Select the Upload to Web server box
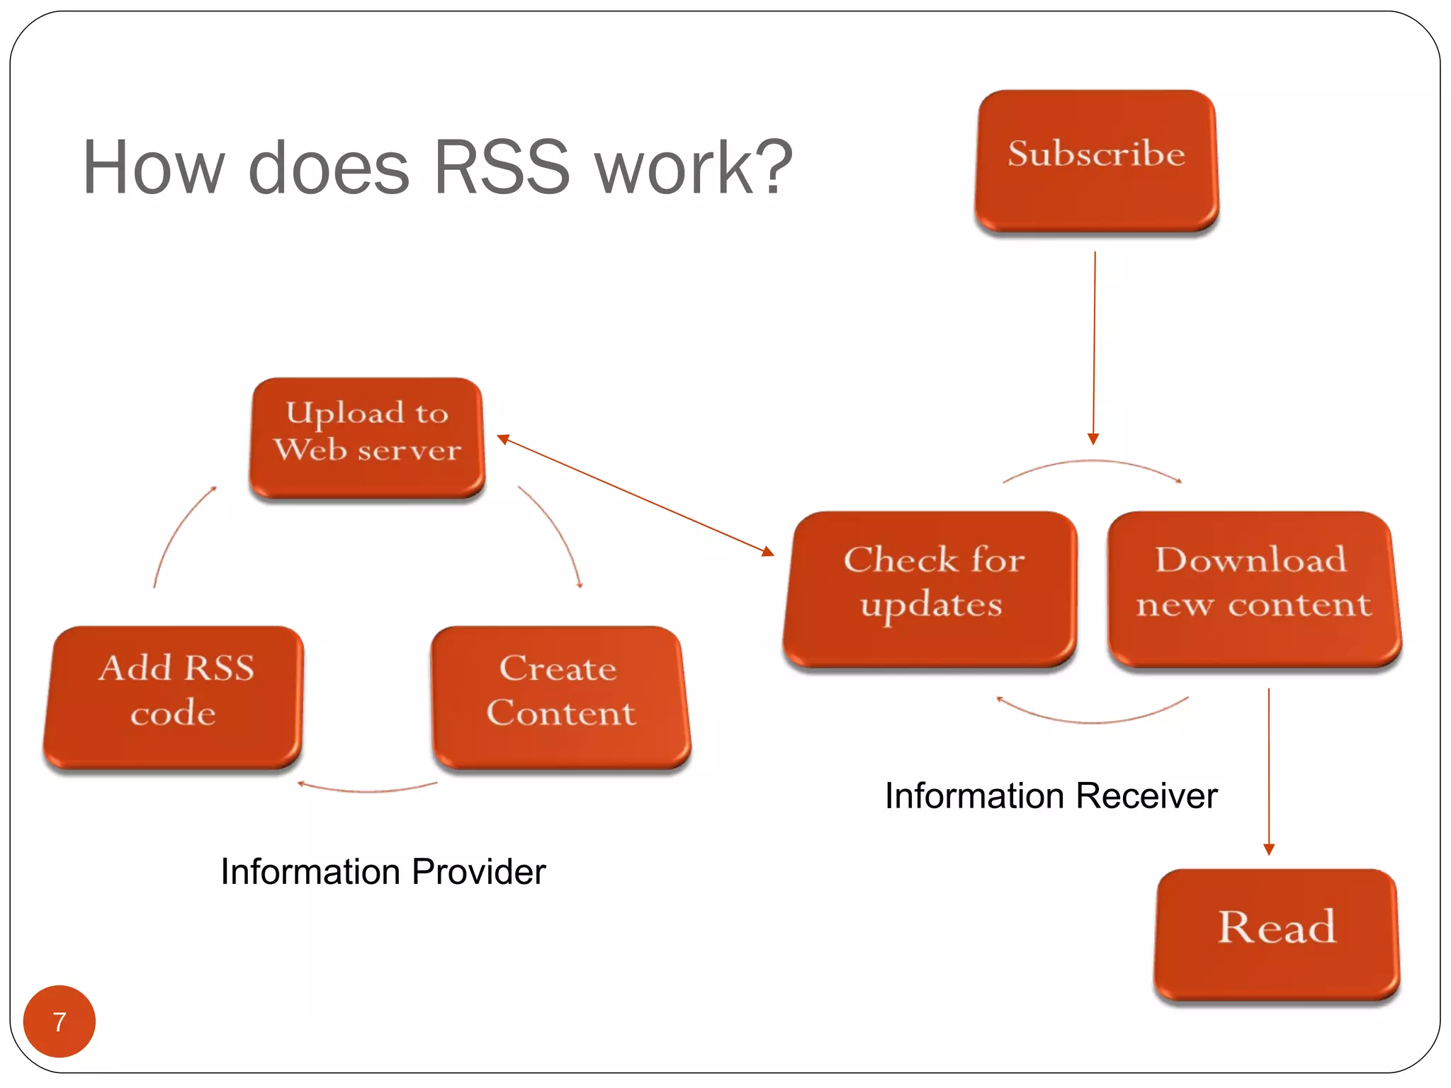(367, 436)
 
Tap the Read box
(1277, 934)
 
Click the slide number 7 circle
(60, 1021)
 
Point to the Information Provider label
(383, 871)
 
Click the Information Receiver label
(1051, 795)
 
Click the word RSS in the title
(501, 168)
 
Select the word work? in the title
(694, 168)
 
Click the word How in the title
(153, 168)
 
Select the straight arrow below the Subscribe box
(1094, 347)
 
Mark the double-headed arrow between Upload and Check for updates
(636, 495)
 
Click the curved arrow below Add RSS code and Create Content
(367, 789)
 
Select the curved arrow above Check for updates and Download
(1093, 462)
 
